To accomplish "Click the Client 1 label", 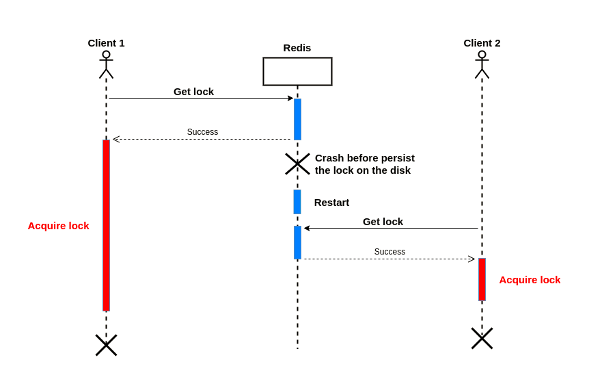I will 106,43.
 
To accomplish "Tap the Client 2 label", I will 482,43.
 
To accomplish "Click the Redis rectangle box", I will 297,71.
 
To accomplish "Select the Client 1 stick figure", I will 106,65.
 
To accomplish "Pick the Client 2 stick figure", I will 482,65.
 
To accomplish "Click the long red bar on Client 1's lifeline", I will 106,225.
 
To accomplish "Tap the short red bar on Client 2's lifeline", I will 482,279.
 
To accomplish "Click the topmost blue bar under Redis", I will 297,119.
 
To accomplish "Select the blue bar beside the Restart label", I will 297,202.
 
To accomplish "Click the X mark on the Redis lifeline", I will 297,164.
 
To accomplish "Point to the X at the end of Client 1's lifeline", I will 106,345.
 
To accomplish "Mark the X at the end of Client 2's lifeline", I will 482,338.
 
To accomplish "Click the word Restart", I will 331,203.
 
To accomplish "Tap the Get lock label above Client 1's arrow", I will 193,92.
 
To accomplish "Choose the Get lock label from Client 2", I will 383,222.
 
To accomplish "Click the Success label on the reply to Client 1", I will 202,132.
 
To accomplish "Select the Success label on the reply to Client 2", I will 389,252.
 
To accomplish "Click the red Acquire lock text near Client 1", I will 58,226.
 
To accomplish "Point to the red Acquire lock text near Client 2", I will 530,280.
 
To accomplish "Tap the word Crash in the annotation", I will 329,158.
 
